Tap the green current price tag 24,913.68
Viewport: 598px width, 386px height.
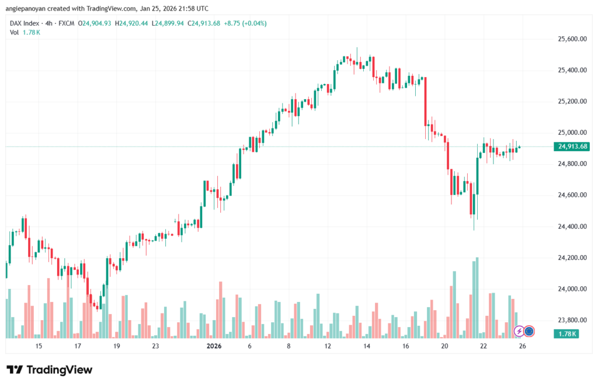coord(572,147)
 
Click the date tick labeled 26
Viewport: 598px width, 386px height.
coord(523,346)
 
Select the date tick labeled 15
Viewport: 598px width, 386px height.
coord(39,346)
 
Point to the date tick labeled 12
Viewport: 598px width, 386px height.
coord(328,346)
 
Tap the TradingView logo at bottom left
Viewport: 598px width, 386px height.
coord(49,370)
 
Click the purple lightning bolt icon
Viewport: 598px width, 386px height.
coord(519,331)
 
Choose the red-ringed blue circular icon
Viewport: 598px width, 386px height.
coord(529,331)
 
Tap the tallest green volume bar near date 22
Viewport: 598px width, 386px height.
coord(477,297)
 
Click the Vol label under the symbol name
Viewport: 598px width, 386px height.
coord(15,32)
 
